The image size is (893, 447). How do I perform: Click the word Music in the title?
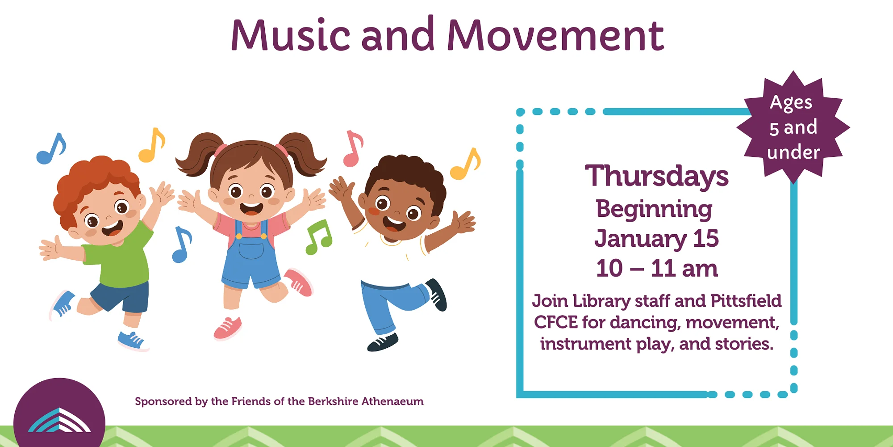click(x=290, y=35)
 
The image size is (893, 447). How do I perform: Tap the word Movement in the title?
click(x=555, y=35)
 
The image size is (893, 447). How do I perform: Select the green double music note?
click(x=319, y=237)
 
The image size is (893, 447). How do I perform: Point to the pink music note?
click(x=353, y=148)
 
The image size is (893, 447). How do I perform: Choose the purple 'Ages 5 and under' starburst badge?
click(x=793, y=127)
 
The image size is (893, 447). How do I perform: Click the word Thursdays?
click(x=657, y=176)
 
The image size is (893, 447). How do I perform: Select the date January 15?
click(x=656, y=238)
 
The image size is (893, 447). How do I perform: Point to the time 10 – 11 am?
click(x=657, y=269)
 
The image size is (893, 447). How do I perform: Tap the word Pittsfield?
click(x=746, y=301)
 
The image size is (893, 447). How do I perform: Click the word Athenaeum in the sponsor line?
click(x=392, y=401)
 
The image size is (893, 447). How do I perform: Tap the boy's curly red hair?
click(x=96, y=183)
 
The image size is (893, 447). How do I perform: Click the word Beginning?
click(x=654, y=209)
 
